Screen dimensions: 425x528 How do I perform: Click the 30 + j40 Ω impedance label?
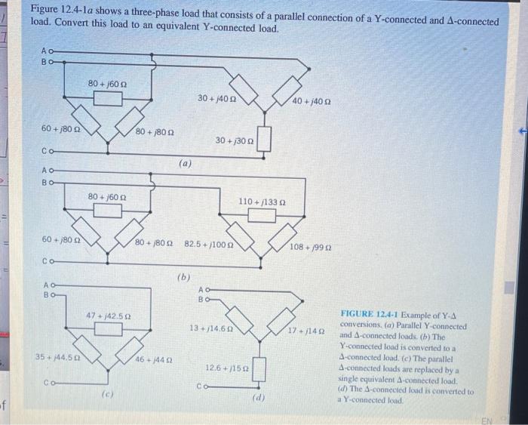tap(217, 98)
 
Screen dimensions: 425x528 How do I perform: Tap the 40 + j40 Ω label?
tap(312, 100)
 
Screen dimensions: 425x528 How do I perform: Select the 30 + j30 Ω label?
tap(234, 141)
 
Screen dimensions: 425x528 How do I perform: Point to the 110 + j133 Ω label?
tap(262, 202)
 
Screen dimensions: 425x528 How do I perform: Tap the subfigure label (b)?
tap(183, 277)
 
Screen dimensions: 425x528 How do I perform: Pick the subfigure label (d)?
tap(258, 396)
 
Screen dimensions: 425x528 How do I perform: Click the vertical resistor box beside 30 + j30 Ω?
tap(262, 139)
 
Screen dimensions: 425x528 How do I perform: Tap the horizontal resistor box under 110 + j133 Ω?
tap(262, 216)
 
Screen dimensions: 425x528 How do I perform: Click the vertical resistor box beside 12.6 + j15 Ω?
tap(259, 368)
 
